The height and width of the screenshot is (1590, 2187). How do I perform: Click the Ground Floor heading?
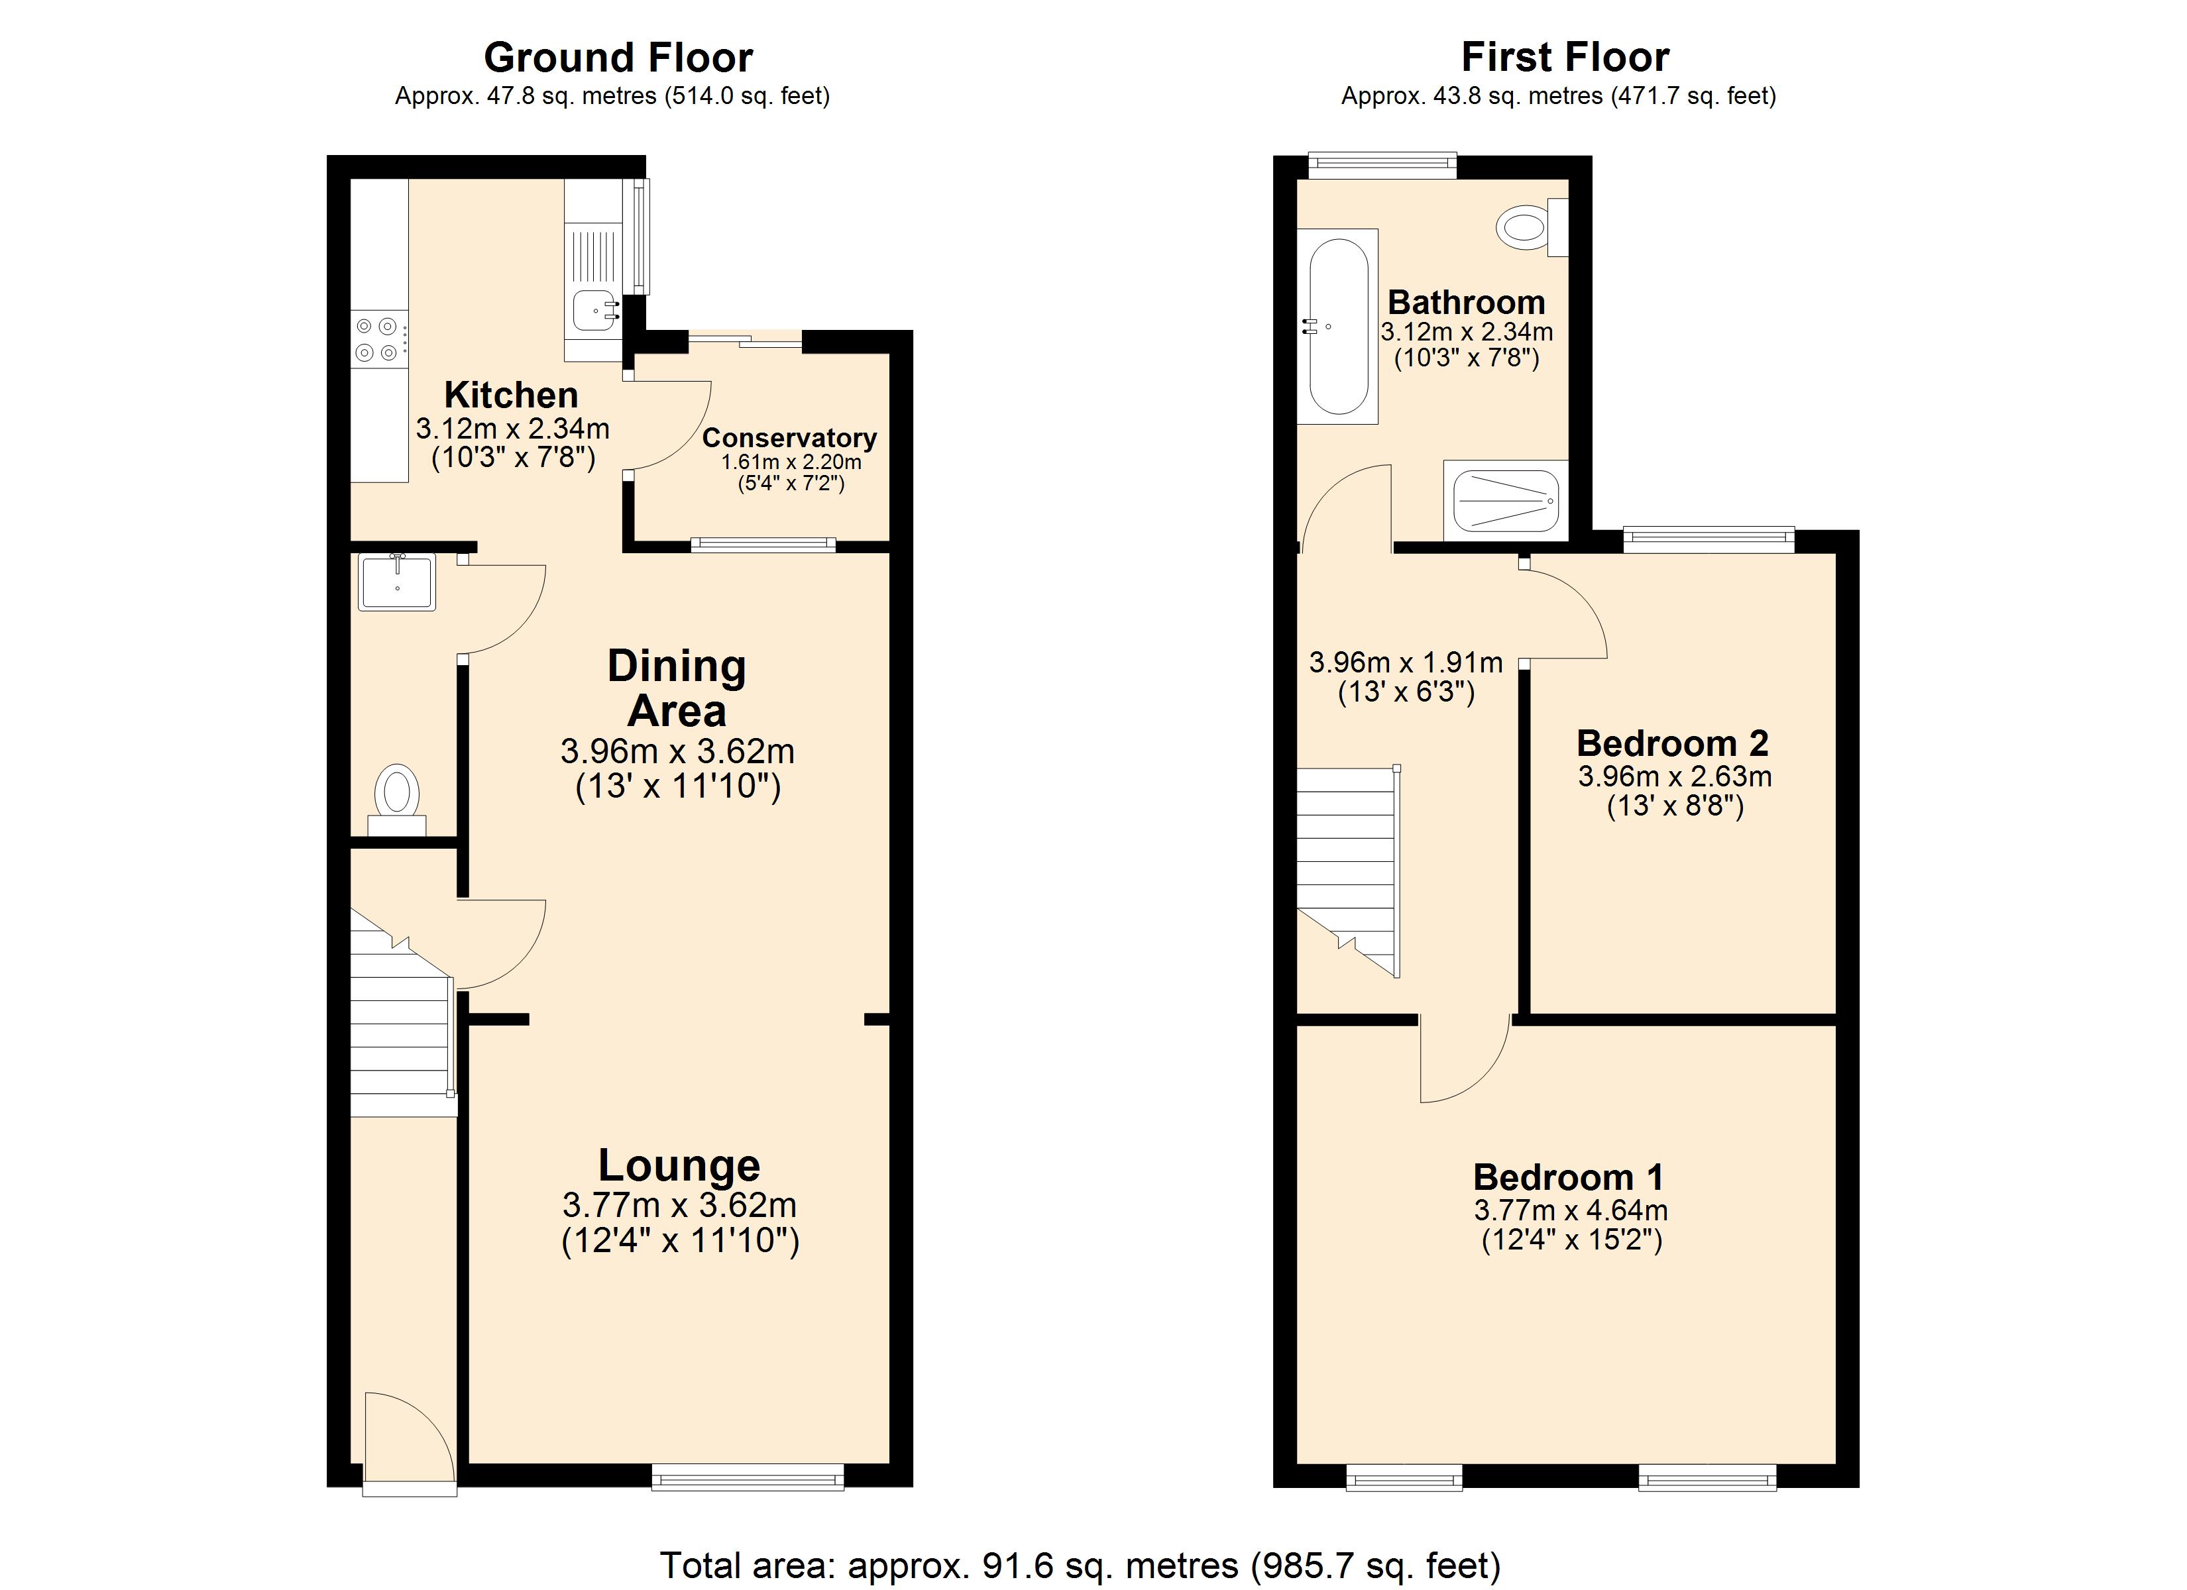[x=618, y=58]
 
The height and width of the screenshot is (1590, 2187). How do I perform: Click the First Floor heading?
[x=1565, y=57]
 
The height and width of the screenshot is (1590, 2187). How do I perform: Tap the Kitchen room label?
[x=511, y=396]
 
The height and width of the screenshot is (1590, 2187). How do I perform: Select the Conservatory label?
[x=789, y=438]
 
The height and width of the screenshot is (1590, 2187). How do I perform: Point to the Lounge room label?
[x=679, y=1166]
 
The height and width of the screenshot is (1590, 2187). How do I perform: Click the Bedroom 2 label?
[x=1672, y=743]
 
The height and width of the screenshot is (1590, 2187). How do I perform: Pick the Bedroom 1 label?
[x=1568, y=1177]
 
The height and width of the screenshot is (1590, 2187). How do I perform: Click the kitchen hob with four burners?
[x=377, y=339]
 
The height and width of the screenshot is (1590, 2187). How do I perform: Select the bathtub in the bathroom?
[x=1337, y=326]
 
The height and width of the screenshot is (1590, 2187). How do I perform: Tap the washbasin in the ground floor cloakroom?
[x=397, y=582]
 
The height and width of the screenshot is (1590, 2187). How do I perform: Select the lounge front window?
[x=748, y=1476]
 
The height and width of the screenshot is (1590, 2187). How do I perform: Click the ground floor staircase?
[x=399, y=1032]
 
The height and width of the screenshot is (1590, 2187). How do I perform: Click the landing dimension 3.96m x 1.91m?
[x=1405, y=662]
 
